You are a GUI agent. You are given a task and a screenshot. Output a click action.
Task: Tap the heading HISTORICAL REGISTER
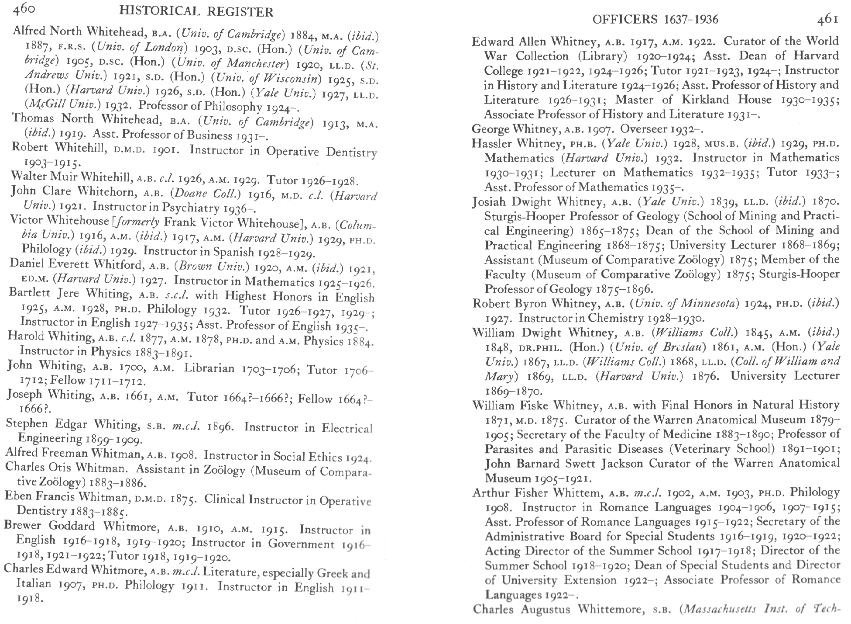pos(196,12)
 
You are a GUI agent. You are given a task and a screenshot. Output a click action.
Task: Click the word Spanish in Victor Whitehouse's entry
pos(236,252)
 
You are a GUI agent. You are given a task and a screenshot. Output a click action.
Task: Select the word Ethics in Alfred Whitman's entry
pos(321,457)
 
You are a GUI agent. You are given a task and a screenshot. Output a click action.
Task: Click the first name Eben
pos(16,496)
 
